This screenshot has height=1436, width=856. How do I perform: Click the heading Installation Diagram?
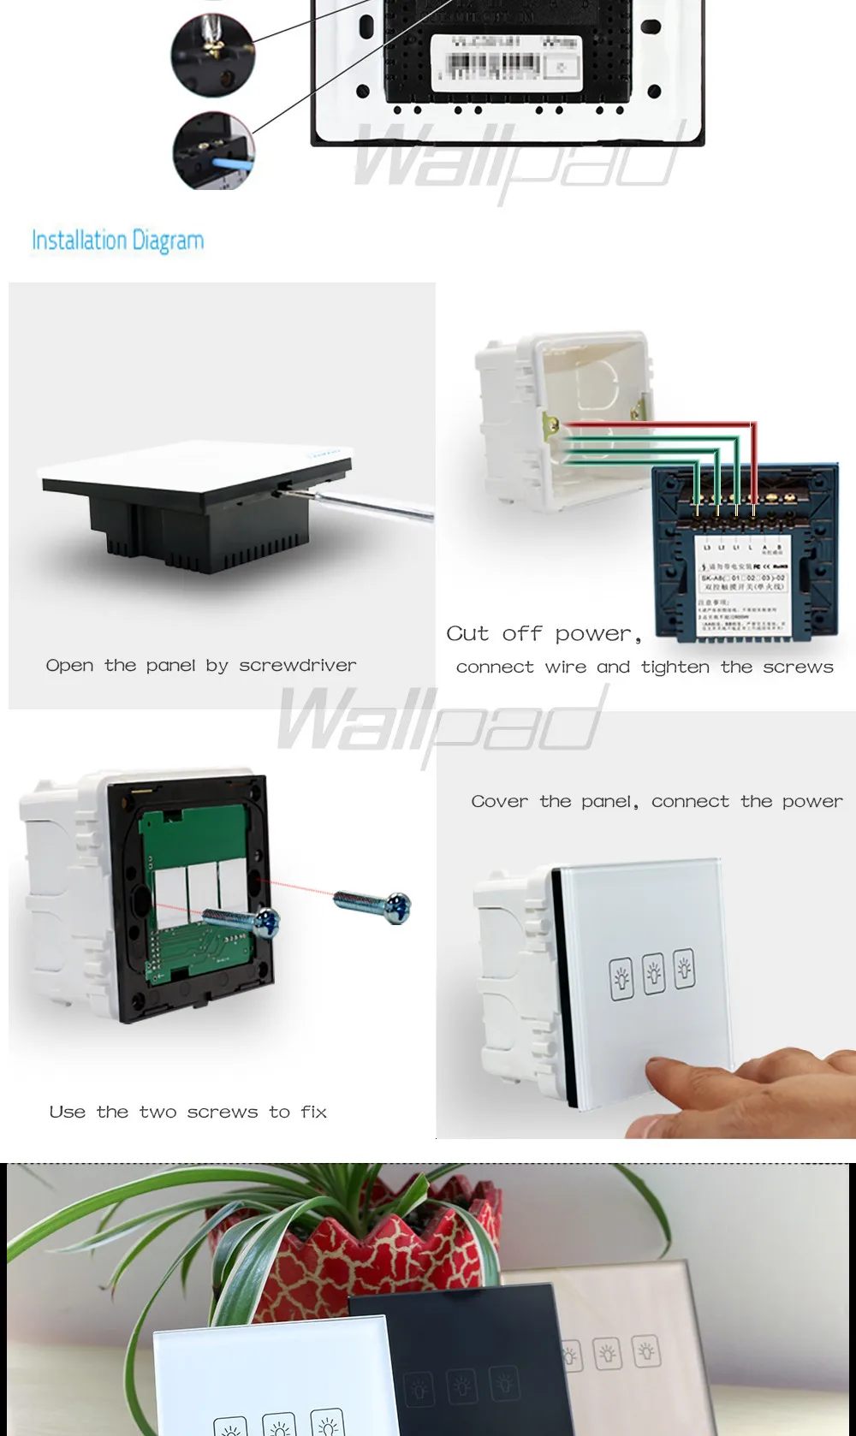click(118, 240)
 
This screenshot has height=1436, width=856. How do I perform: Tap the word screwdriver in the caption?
click(298, 666)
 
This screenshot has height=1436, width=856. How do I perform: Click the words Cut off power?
click(544, 634)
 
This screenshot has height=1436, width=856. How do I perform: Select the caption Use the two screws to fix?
click(188, 1112)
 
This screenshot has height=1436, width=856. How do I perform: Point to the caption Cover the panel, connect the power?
click(657, 802)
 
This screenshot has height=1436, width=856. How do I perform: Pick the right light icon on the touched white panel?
click(684, 969)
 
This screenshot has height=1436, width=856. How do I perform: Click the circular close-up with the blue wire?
click(213, 150)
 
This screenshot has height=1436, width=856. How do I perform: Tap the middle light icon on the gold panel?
click(608, 1354)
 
